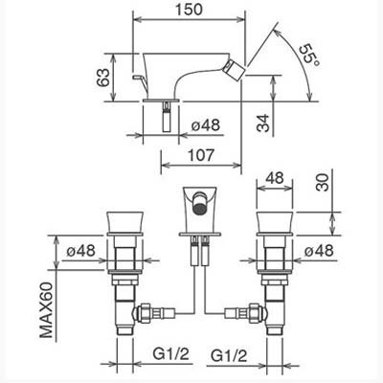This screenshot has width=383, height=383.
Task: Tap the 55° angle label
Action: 308,55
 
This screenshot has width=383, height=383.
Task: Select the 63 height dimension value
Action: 103,78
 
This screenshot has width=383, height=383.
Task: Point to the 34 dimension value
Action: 263,124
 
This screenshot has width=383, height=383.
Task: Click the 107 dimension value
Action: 200,155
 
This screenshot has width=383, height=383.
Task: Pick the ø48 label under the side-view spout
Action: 206,125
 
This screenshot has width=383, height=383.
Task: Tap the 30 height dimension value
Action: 322,182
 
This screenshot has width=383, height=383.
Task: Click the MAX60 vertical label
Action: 46,309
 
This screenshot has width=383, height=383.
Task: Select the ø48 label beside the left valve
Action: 80,251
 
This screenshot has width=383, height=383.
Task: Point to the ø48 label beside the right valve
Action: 319,251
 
